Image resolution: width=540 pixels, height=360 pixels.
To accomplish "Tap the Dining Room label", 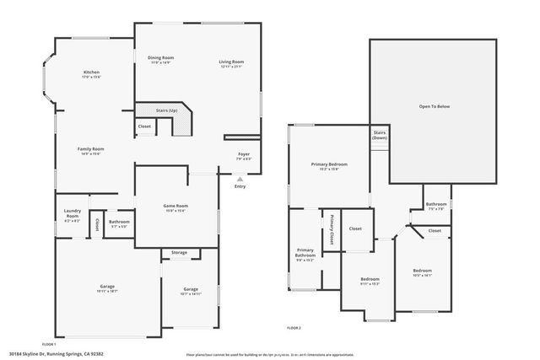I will tap(160, 59).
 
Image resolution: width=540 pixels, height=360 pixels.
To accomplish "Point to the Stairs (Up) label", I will tap(167, 110).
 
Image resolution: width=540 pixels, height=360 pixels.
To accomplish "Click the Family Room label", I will tap(92, 150).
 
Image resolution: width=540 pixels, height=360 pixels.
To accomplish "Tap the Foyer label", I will tap(243, 155).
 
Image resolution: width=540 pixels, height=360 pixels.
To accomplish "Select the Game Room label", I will tap(175, 207).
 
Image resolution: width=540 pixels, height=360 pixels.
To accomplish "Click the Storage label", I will tap(179, 252).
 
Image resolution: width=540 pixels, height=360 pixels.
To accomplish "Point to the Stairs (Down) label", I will tap(380, 135).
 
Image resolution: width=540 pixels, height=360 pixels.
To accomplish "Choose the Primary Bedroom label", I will tap(329, 166).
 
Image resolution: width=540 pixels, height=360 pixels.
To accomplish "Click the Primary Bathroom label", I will tap(305, 254).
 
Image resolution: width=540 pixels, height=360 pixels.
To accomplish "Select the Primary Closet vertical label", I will tap(333, 228).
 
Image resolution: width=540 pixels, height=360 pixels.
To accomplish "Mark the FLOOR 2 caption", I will tap(294, 327).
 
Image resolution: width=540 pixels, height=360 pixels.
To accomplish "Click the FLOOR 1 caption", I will tap(48, 344).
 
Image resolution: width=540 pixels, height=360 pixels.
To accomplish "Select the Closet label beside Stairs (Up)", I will tap(144, 126).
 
